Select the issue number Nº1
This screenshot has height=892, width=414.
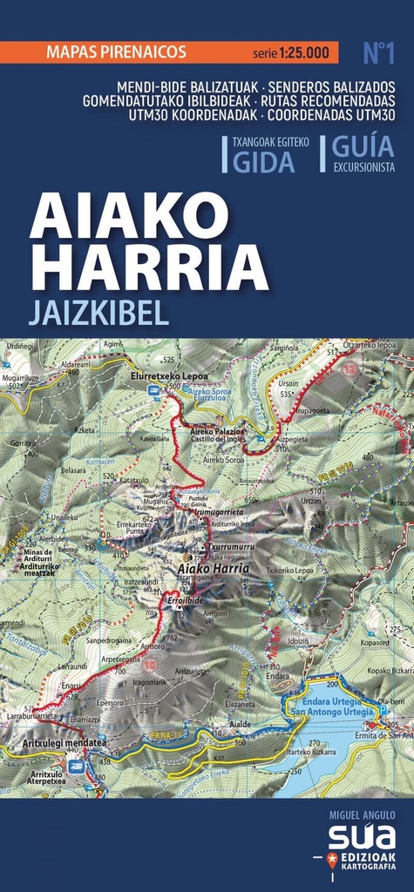coord(379,53)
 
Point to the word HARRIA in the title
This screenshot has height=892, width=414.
coord(149,267)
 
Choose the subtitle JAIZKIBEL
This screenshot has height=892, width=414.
coord(98,313)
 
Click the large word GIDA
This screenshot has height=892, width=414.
coord(265,162)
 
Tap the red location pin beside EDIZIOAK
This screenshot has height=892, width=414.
coord(332,861)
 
